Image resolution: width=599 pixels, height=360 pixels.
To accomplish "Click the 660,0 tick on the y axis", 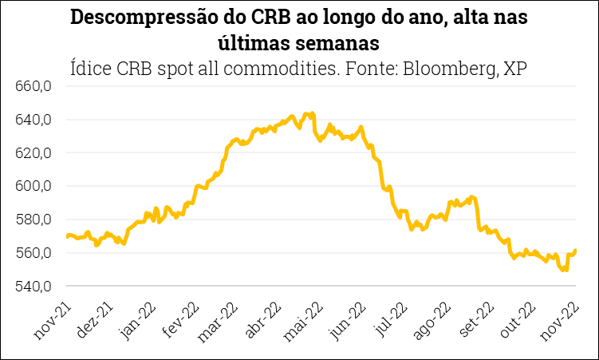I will pos(33,86).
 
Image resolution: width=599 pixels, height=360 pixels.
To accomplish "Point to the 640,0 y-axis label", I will pos(33,120).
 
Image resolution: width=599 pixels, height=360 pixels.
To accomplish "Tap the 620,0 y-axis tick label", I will pos(33,152).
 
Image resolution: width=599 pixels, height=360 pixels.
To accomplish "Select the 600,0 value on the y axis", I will pos(33,186).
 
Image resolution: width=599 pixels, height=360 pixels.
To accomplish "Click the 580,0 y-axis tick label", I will pos(33,220).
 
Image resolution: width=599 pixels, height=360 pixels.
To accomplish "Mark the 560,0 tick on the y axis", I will pos(33,253).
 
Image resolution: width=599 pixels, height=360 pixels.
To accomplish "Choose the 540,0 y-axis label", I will pos(33,286).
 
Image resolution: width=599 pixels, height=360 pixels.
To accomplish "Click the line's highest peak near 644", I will pos(312,113).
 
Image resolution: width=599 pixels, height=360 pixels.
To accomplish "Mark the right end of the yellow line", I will pos(575,250).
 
